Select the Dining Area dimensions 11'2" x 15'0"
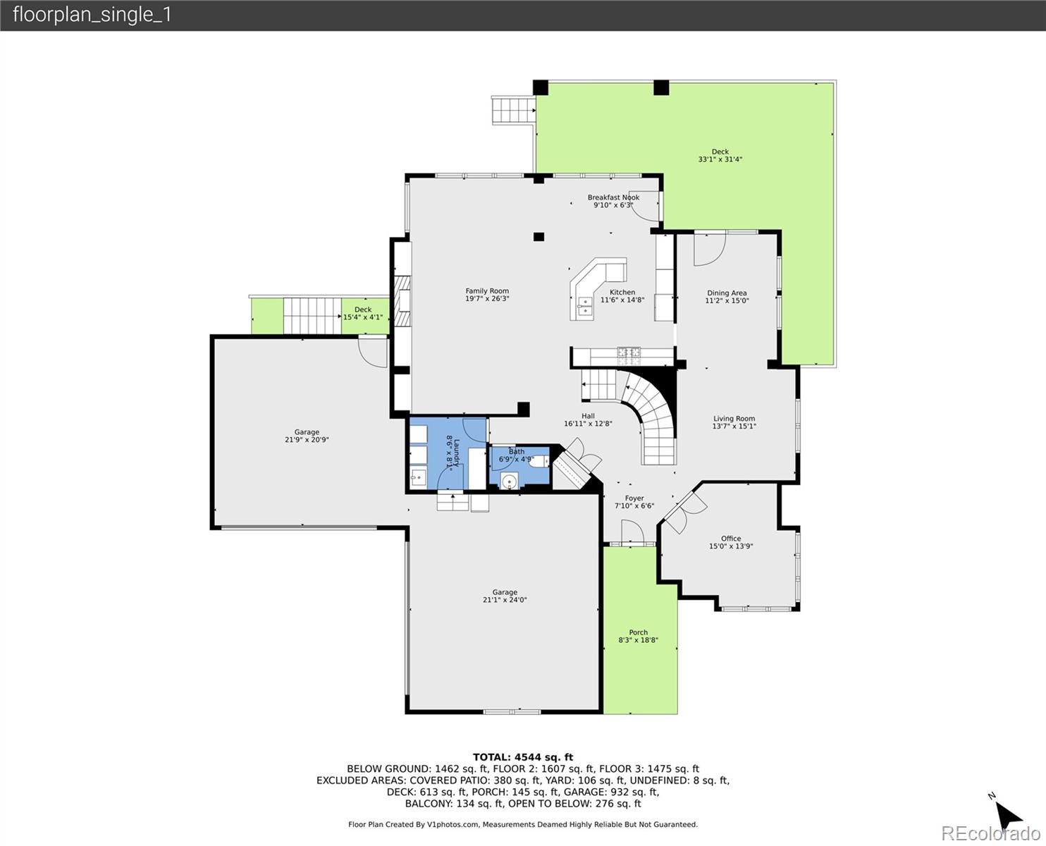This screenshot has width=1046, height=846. click(x=727, y=300)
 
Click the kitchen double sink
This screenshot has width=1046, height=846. click(x=585, y=306)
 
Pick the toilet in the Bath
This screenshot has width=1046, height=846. click(x=539, y=461)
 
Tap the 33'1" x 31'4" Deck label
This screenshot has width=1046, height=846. click(x=720, y=156)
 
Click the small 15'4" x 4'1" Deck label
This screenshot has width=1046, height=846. click(x=363, y=313)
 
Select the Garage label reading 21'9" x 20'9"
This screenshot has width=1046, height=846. click(x=307, y=436)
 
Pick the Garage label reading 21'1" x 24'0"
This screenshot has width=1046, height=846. click(x=505, y=596)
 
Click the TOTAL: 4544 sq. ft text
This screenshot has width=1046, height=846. click(x=523, y=757)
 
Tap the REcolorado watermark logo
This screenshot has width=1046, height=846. click(x=990, y=833)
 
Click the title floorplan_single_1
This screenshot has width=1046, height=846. click(x=92, y=16)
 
